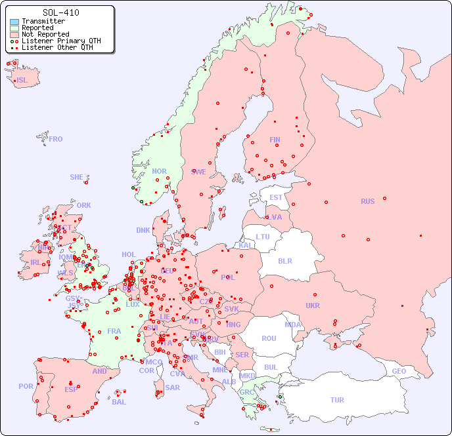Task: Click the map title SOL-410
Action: point(61,12)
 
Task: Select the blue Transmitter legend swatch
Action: point(14,22)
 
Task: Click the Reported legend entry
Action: point(37,28)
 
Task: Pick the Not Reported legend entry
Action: point(45,35)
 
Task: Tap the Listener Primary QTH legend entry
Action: point(61,41)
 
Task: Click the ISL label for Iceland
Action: point(22,81)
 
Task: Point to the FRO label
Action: point(56,139)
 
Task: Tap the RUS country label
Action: point(367,201)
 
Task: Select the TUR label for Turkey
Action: point(337,400)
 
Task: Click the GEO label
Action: point(399,371)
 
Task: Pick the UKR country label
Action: point(313,306)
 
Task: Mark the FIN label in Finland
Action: point(275,140)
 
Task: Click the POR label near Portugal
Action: point(26,386)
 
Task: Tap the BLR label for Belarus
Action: point(285,260)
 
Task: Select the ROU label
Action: point(269,338)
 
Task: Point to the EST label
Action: point(276,197)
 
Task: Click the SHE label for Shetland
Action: point(77,177)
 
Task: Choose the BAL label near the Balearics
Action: point(119,402)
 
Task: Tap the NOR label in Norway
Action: point(160,171)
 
